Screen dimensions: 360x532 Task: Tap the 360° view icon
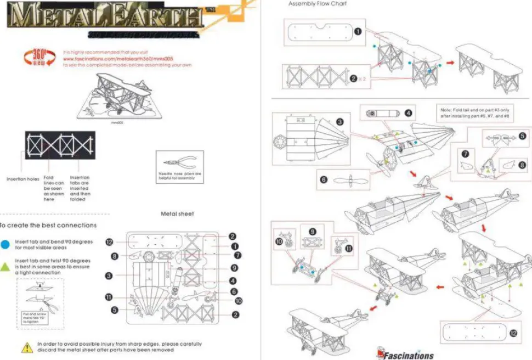pos(38,58)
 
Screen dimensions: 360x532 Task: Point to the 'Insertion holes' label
pos(23,179)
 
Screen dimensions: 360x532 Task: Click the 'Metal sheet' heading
pos(177,213)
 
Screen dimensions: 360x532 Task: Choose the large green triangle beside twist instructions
pos(5,266)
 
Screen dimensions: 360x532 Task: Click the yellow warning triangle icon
pos(27,347)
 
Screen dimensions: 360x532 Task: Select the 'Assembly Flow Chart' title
pos(318,4)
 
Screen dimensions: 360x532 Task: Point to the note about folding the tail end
pos(476,113)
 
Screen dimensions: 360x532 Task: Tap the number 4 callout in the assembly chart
pos(408,113)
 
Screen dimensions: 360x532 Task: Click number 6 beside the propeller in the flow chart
pos(324,179)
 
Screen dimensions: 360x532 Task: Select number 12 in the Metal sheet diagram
pos(109,242)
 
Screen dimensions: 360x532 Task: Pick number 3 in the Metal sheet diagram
pos(109,275)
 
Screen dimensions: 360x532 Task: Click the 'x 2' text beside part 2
pos(363,78)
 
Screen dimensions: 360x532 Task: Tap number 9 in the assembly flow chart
pos(312,232)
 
